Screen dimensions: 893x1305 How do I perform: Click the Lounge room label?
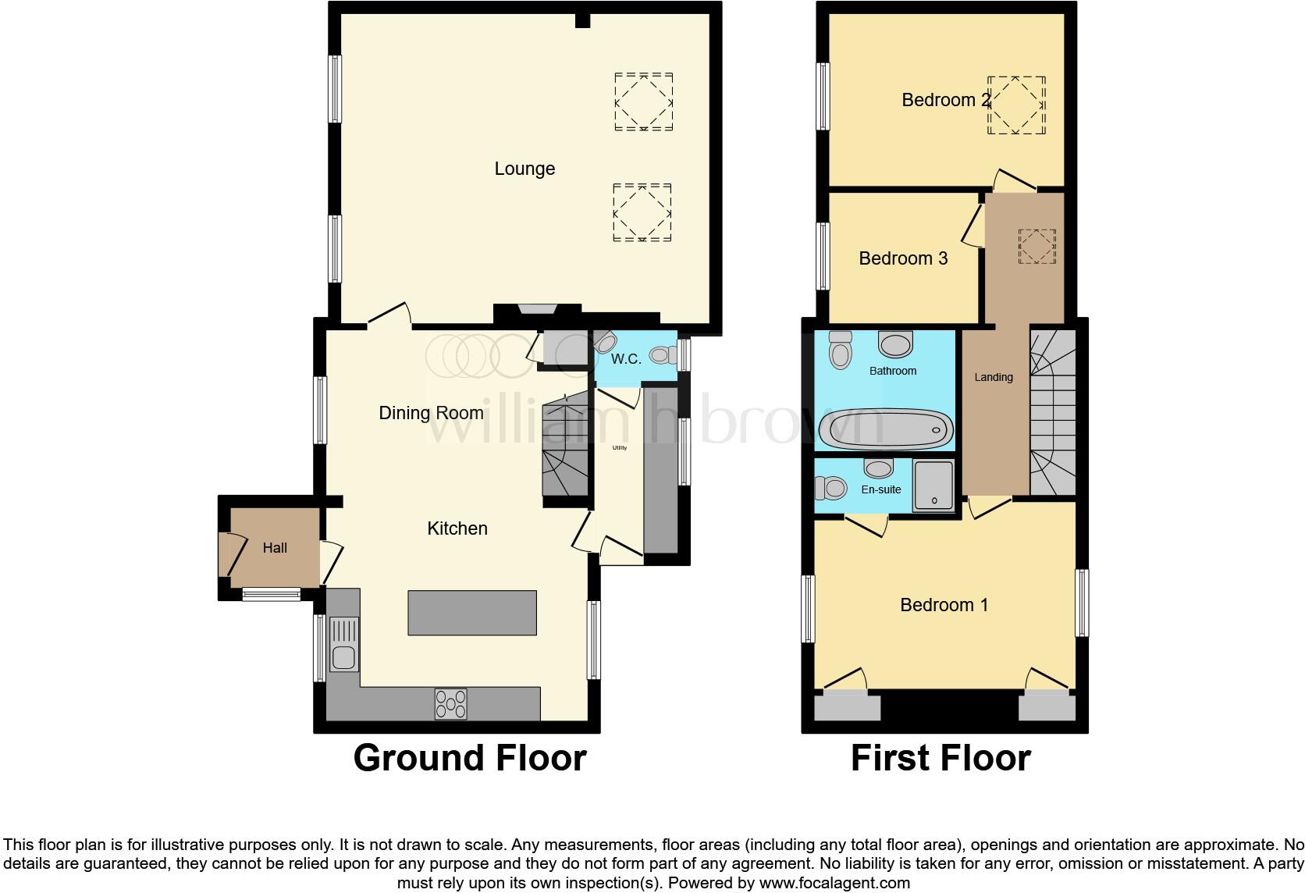[x=524, y=169]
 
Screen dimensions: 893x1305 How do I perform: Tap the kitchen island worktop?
[x=472, y=613]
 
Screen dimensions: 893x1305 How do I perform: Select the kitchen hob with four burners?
[x=451, y=704]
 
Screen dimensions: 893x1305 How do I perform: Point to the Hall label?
[x=275, y=548]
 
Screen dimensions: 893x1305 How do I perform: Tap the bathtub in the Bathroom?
[x=885, y=428]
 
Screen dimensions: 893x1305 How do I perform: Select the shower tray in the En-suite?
[x=933, y=485]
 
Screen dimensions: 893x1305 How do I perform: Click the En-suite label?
[x=881, y=489]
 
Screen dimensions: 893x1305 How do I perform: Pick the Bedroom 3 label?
[x=903, y=258]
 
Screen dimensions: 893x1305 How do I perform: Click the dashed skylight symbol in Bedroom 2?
[x=1016, y=105]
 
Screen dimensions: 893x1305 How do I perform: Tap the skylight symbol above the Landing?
[x=1037, y=246]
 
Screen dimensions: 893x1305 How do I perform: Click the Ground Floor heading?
[x=469, y=758]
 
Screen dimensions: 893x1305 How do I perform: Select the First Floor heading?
[x=941, y=758]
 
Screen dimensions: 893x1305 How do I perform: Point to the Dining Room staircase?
[x=565, y=445]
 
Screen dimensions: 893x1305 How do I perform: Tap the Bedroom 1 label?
[x=944, y=605]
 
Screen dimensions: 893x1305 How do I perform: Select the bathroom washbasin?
[x=895, y=343]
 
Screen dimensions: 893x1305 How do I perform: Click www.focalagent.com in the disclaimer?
[x=834, y=883]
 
